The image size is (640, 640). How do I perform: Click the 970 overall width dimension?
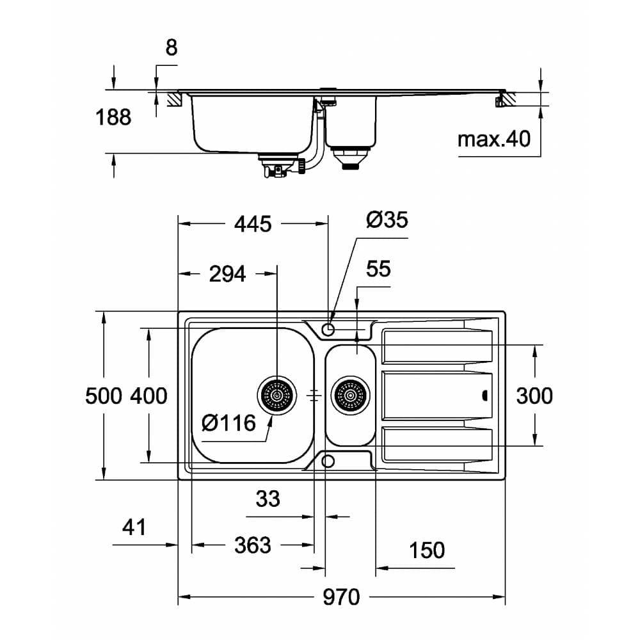(341, 598)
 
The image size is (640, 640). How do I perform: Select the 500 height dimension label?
(104, 396)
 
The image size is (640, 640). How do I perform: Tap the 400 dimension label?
(148, 396)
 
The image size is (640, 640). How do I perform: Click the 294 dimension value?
(227, 274)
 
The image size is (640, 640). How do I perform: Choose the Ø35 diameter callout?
(387, 220)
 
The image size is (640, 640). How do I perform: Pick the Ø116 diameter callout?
(228, 422)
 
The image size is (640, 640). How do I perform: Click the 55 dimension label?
(378, 269)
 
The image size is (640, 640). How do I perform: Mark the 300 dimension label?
(534, 396)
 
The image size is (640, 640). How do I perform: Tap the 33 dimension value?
(268, 499)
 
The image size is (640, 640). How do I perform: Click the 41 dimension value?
(134, 527)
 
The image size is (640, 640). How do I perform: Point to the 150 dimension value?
(427, 550)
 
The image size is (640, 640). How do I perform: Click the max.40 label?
(494, 138)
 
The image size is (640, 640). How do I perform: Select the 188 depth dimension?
(113, 117)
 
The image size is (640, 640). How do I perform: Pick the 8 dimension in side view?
(171, 47)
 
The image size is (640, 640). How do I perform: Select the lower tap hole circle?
(328, 461)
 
